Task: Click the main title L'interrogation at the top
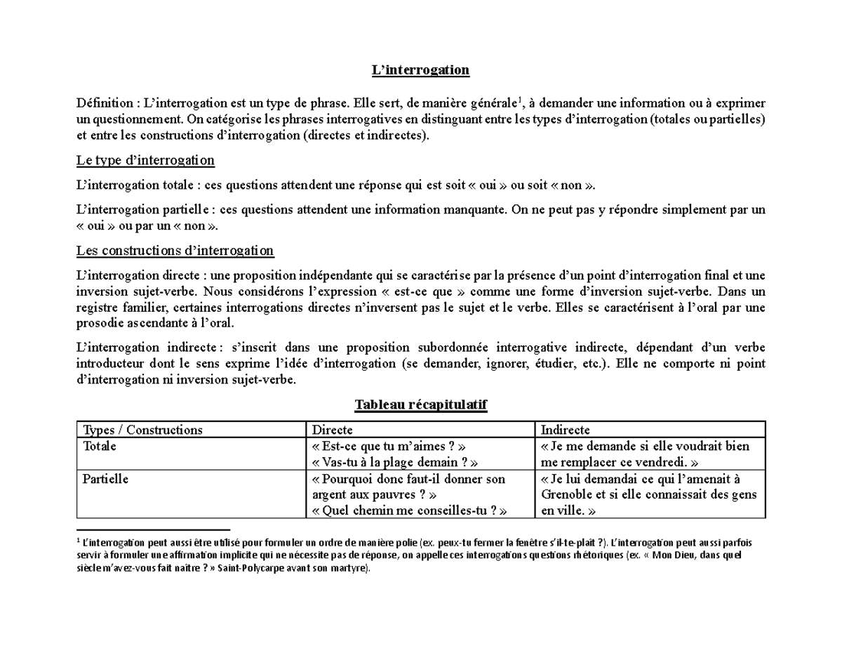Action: pyautogui.click(x=420, y=70)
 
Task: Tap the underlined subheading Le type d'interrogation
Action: pyautogui.click(x=145, y=161)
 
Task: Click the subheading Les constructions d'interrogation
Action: pyautogui.click(x=175, y=251)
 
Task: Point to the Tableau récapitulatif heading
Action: pyautogui.click(x=420, y=405)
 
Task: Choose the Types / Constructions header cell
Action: pyautogui.click(x=142, y=430)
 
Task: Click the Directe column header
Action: pyautogui.click(x=332, y=430)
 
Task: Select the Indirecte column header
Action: pyautogui.click(x=566, y=430)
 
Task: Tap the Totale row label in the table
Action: pyautogui.click(x=100, y=447)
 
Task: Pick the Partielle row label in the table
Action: pyautogui.click(x=105, y=479)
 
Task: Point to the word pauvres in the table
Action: pyautogui.click(x=396, y=495)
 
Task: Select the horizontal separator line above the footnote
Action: pyautogui.click(x=153, y=530)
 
